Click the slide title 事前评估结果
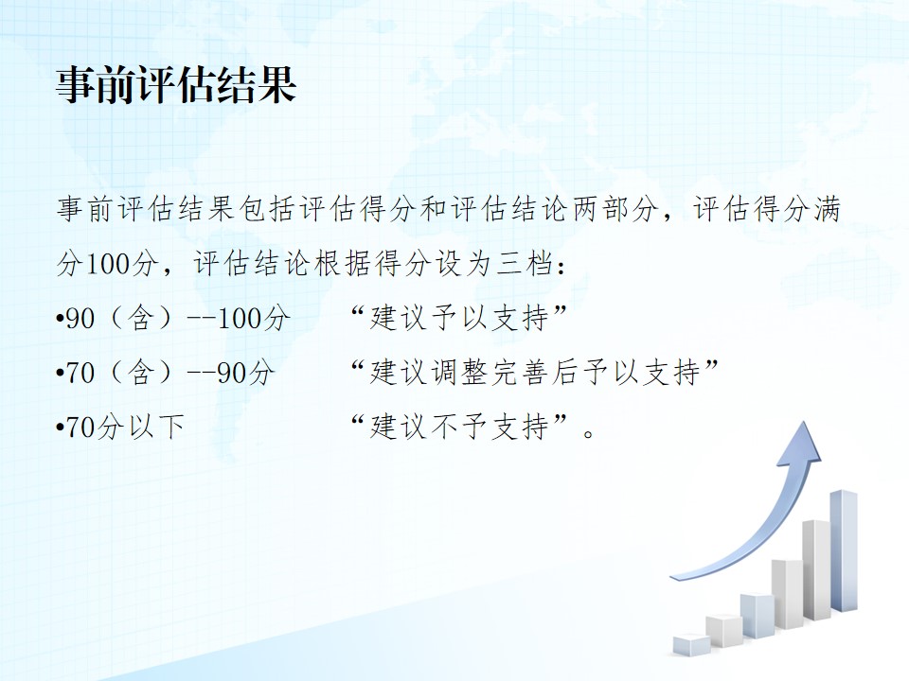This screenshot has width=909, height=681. click(176, 84)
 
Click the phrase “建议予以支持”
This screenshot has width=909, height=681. click(458, 318)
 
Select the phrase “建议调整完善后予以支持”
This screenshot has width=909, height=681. click(534, 372)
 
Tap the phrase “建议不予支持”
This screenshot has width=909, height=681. click(458, 427)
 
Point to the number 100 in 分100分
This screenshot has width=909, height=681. click(108, 264)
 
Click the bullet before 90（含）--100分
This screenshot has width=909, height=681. click(59, 319)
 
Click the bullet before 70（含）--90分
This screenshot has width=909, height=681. click(59, 373)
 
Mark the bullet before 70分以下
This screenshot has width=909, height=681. click(59, 428)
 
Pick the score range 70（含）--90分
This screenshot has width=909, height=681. click(169, 373)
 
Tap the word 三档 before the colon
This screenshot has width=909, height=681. click(524, 264)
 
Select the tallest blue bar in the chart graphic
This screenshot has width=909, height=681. click(844, 550)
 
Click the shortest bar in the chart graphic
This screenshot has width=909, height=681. click(691, 644)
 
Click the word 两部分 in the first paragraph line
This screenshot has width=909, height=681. click(615, 210)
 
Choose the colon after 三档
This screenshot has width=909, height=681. click(561, 265)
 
